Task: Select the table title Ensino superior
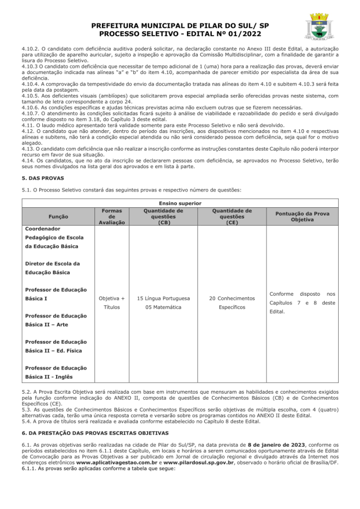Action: click(180, 203)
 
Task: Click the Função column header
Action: click(59, 216)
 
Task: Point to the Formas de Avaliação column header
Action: click(111, 216)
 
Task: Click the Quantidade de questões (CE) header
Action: click(232, 216)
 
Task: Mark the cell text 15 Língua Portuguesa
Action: click(163, 298)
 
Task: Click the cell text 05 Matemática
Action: click(163, 307)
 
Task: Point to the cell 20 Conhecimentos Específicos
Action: click(232, 303)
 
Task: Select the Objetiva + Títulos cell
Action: click(111, 303)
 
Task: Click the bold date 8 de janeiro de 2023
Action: click(275, 444)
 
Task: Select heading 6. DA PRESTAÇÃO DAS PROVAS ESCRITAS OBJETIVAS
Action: click(94, 433)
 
